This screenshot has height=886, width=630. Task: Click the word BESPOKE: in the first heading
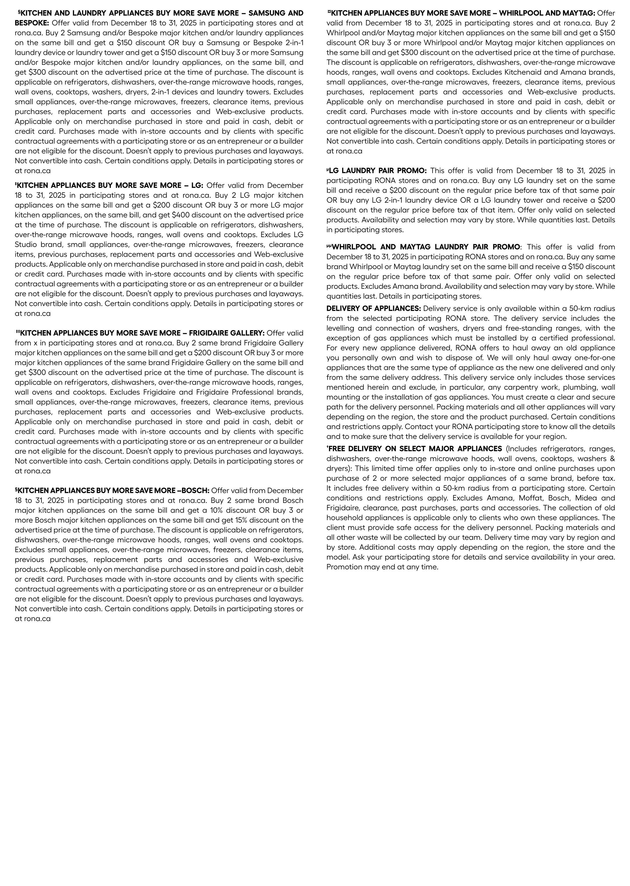point(32,23)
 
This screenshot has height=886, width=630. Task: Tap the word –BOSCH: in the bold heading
point(193,491)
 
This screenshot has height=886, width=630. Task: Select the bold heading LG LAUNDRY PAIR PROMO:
point(377,171)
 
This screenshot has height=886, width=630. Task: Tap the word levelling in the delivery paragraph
point(341,328)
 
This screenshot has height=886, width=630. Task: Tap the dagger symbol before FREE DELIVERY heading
point(328,447)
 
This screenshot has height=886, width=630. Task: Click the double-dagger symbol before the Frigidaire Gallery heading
point(17,332)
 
